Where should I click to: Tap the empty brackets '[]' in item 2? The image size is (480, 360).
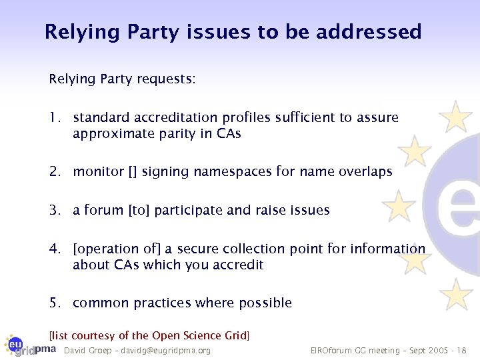pos(133,172)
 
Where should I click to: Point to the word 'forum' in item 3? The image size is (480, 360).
pos(104,211)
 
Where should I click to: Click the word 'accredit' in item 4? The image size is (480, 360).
pos(237,265)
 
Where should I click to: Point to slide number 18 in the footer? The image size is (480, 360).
pos(463,351)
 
